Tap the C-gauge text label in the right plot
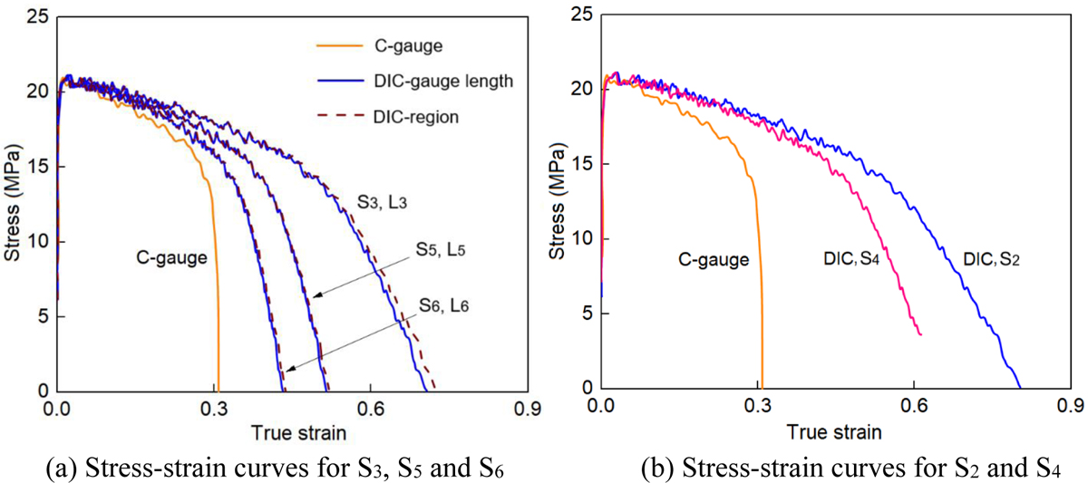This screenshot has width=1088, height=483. [x=714, y=260]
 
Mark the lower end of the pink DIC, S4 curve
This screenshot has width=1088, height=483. [x=920, y=335]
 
